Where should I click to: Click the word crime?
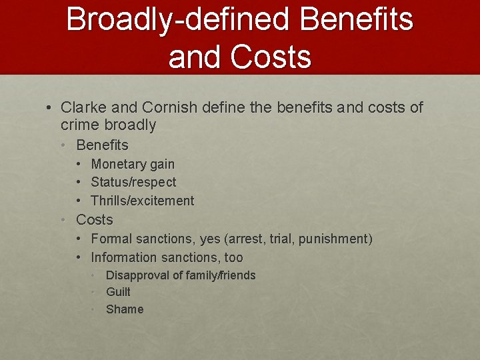pyautogui.click(x=81, y=125)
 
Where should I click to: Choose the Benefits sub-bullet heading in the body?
pyautogui.click(x=102, y=145)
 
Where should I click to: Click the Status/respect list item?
pyautogui.click(x=133, y=182)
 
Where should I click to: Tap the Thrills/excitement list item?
pyautogui.click(x=142, y=201)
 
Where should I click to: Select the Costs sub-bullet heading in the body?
pyautogui.click(x=95, y=219)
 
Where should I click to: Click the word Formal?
pyautogui.click(x=111, y=239)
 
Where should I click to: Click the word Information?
pyautogui.click(x=123, y=257)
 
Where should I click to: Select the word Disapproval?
pyautogui.click(x=137, y=275)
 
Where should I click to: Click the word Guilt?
pyautogui.click(x=118, y=291)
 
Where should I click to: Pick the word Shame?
pyautogui.click(x=125, y=309)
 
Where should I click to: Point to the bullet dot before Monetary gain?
pyautogui.click(x=79, y=164)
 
